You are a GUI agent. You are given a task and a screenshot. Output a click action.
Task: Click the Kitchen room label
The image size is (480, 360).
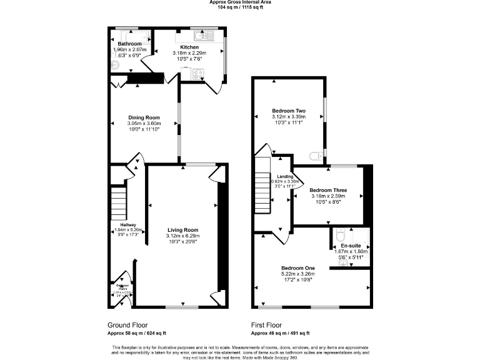pyautogui.click(x=189, y=47)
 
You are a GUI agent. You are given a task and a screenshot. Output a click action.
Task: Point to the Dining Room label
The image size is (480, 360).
pyautogui.click(x=144, y=117)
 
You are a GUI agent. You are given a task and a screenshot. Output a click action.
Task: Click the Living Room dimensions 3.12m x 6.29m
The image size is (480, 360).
pyautogui.click(x=182, y=236)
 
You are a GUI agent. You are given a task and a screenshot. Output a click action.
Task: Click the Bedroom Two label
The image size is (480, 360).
pyautogui.click(x=288, y=111)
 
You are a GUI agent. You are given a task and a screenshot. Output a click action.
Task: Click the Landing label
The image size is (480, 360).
pyautogui.click(x=284, y=177)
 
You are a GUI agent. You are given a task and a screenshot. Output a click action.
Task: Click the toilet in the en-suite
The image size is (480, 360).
pyautogui.click(x=339, y=236)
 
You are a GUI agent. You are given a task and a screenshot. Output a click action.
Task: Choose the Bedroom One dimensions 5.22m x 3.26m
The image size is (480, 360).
pyautogui.click(x=297, y=274)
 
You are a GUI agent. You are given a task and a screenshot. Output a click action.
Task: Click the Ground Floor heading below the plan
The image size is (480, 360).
pyautogui.click(x=128, y=325)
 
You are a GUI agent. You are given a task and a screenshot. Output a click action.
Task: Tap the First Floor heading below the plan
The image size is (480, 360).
pyautogui.click(x=266, y=325)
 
